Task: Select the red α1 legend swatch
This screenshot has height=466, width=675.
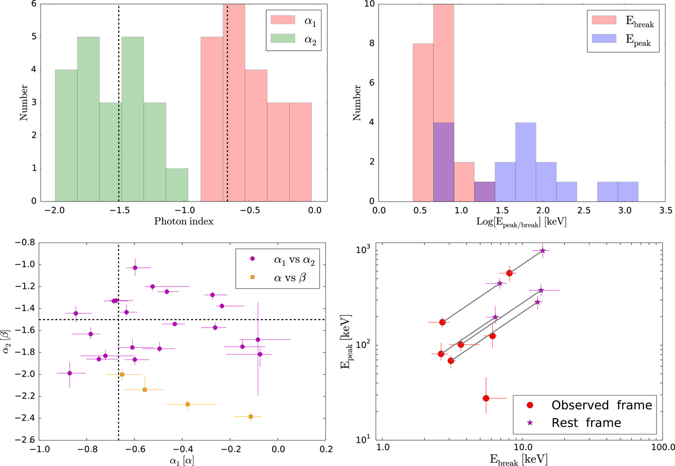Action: coord(279,21)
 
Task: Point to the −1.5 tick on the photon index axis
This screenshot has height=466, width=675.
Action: coord(119,211)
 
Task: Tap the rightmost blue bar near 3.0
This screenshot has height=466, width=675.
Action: coord(628,191)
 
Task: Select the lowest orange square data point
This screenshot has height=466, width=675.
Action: coord(250,416)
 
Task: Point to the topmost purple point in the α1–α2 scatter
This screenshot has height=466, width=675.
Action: coord(135,267)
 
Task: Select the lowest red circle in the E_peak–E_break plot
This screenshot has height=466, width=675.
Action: coord(486,398)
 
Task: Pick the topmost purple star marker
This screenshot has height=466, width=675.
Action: coord(543,250)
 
